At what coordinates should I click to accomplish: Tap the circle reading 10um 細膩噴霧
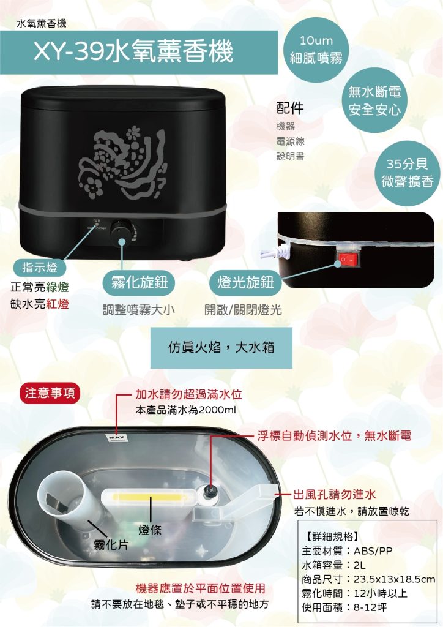point(315,50)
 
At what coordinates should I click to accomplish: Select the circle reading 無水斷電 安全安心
point(374,101)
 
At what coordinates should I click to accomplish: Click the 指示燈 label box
point(40,268)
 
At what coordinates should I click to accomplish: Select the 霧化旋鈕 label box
point(135,282)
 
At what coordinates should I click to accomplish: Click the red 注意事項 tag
point(49,392)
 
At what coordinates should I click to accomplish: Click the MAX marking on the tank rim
point(114,438)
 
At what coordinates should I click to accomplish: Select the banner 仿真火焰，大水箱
point(221,347)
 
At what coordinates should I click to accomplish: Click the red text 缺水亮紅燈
point(40,304)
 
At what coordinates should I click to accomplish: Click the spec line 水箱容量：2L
point(333,564)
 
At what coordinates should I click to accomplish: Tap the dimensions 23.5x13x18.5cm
point(395,579)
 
